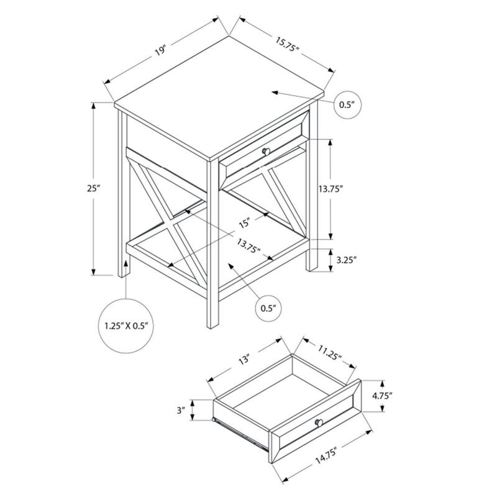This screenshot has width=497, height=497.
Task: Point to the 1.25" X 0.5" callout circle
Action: (126, 325)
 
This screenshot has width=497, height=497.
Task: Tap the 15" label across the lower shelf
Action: (244, 222)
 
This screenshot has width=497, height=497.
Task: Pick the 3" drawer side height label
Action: (181, 410)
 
